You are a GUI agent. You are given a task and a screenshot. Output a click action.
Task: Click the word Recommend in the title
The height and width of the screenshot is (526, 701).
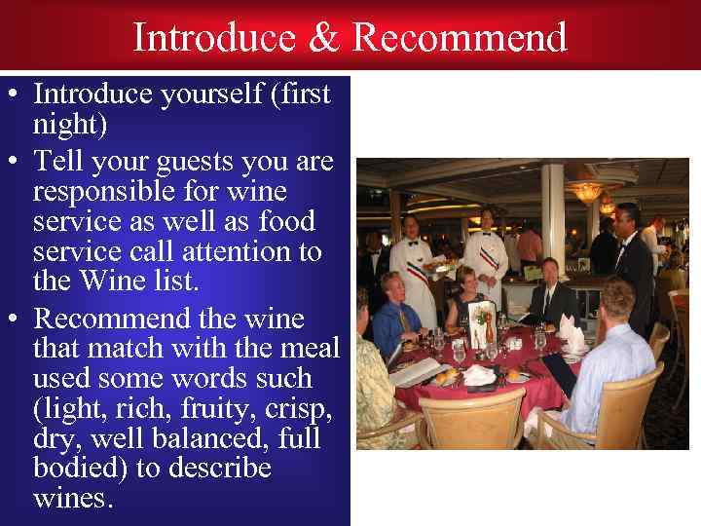[460, 38]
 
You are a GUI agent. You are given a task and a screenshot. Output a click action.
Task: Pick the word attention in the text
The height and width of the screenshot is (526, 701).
[234, 251]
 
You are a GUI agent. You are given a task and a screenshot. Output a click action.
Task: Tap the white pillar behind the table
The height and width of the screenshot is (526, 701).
[553, 209]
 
